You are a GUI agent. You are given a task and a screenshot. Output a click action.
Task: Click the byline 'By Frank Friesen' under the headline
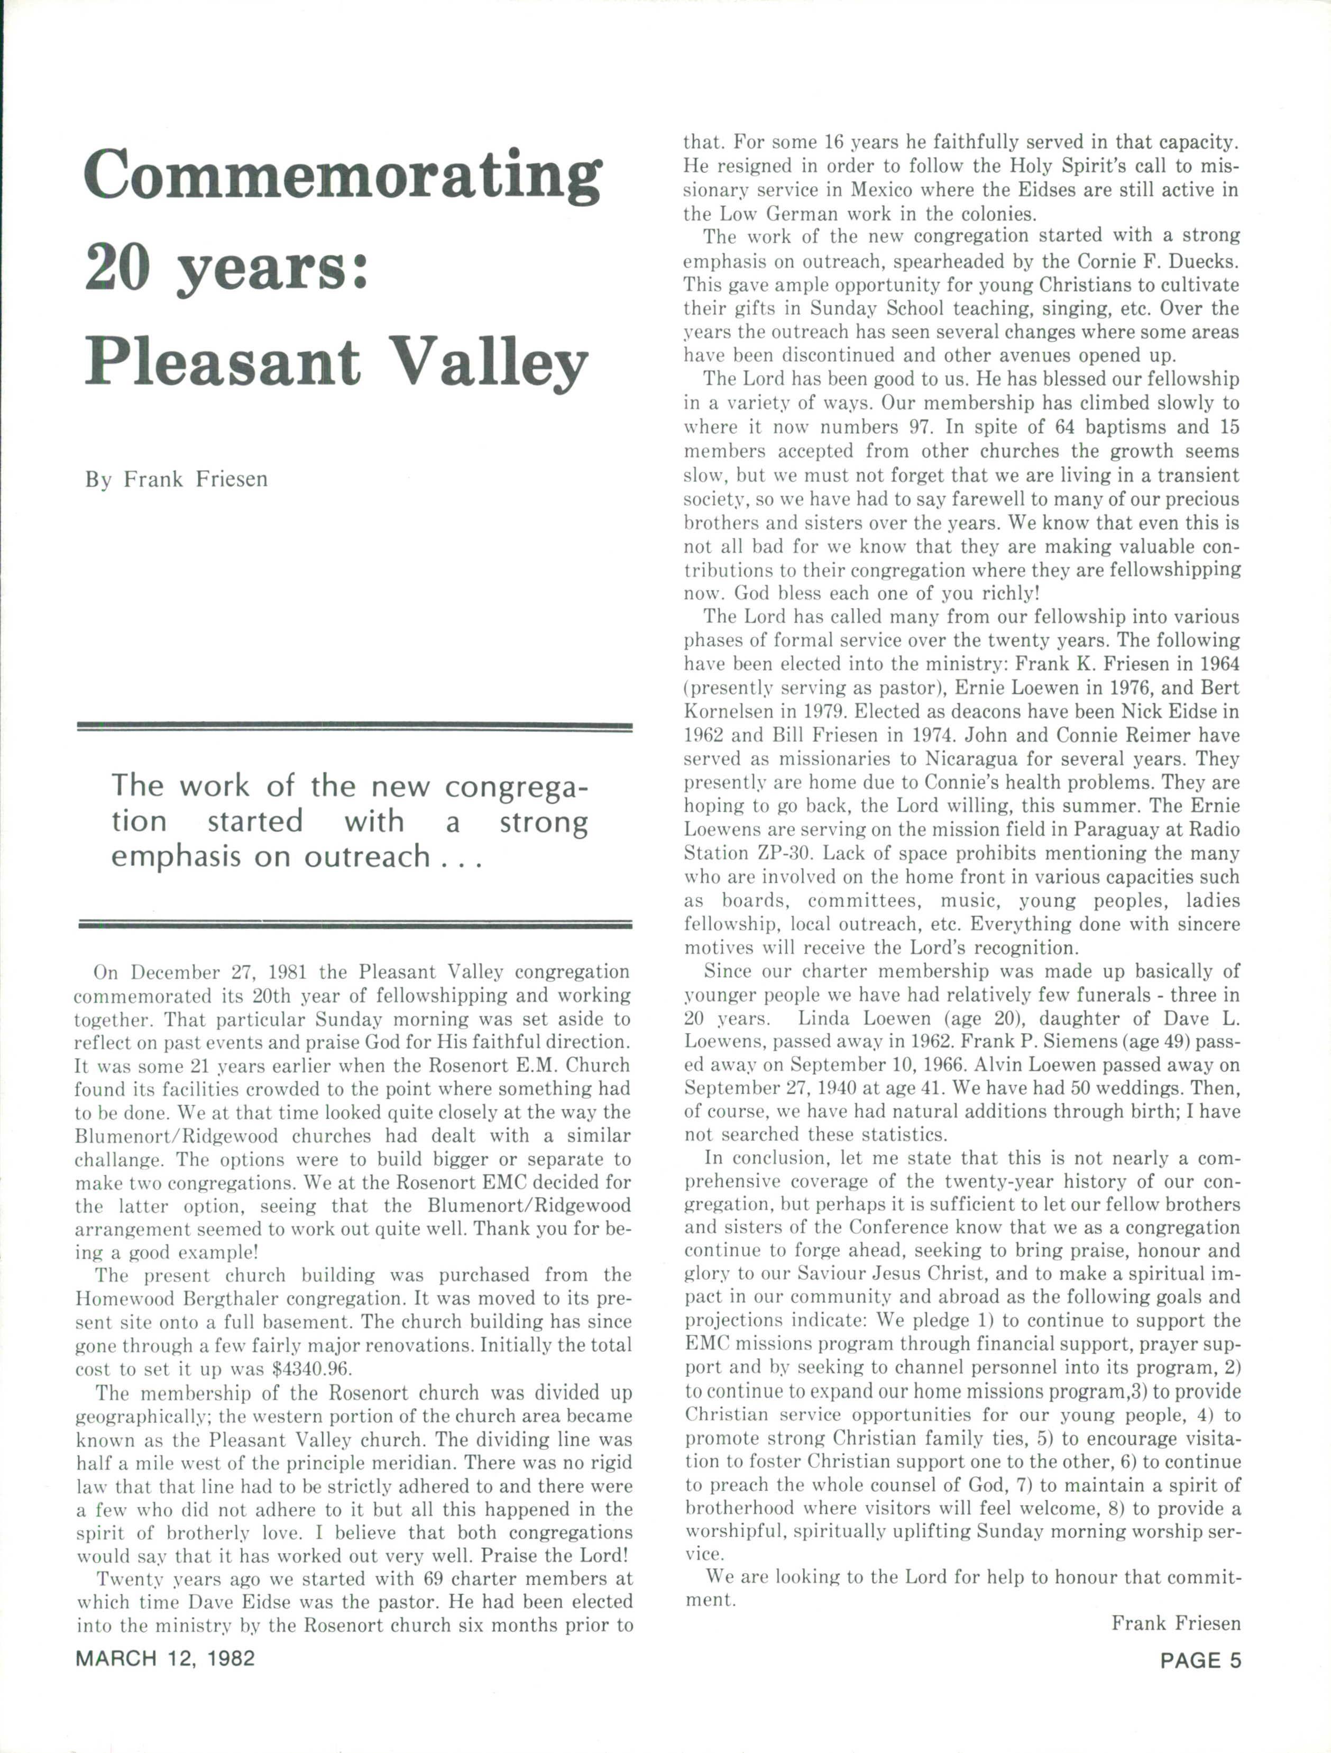coord(177,479)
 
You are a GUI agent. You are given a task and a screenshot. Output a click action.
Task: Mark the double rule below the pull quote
coord(354,924)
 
